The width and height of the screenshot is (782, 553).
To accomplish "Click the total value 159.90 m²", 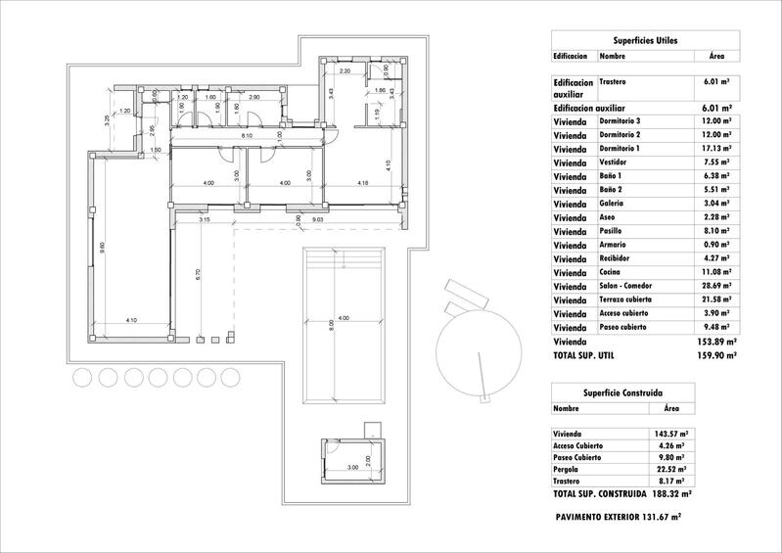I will click(718, 356).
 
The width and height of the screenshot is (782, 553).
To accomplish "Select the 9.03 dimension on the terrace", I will click(317, 221).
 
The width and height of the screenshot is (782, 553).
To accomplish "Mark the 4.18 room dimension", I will click(362, 183).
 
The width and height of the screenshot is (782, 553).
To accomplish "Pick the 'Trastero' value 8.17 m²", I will click(665, 481).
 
